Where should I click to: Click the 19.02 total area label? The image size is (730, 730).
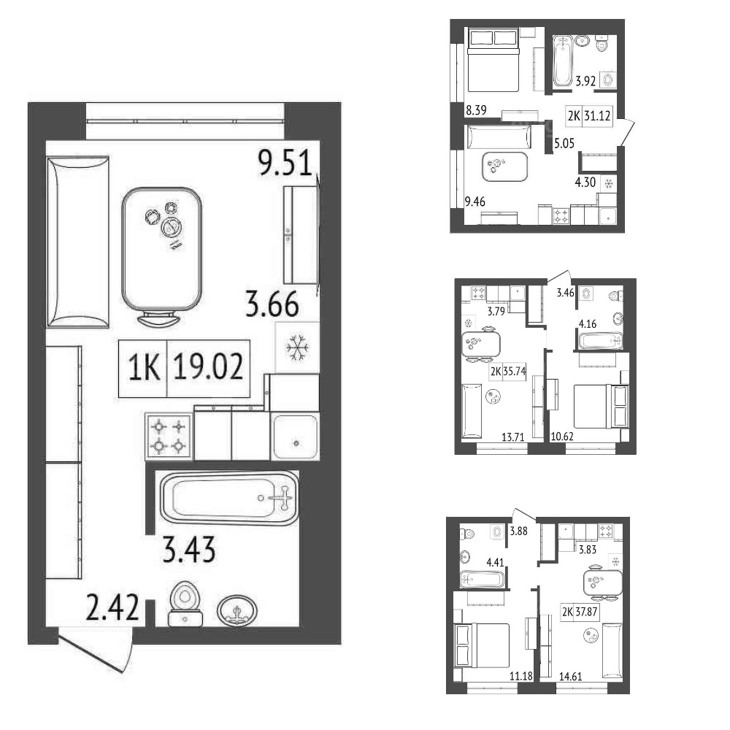tap(208, 367)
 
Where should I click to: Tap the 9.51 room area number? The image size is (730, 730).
tap(285, 163)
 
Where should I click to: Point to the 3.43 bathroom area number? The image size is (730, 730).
tap(189, 550)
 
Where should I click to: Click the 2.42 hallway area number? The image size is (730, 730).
tap(112, 607)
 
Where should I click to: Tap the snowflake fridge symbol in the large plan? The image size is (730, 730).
tap(298, 347)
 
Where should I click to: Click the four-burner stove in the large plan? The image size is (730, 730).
tap(169, 437)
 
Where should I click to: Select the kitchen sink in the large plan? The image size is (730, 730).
tap(295, 437)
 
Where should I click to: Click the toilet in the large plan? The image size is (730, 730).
tap(185, 603)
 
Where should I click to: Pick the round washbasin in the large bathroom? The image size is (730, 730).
tap(237, 610)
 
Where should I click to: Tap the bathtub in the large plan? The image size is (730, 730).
tap(229, 498)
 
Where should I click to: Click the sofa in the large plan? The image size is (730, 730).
tap(78, 242)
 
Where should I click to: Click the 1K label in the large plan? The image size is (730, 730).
tap(144, 367)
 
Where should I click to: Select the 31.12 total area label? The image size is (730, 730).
tap(597, 115)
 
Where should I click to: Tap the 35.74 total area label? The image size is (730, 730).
tap(515, 371)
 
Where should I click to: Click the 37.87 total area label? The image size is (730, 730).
tap(586, 611)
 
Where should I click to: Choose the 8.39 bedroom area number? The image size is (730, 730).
tap(476, 110)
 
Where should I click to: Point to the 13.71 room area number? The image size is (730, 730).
tap(512, 437)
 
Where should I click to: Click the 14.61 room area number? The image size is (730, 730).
tap(570, 676)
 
